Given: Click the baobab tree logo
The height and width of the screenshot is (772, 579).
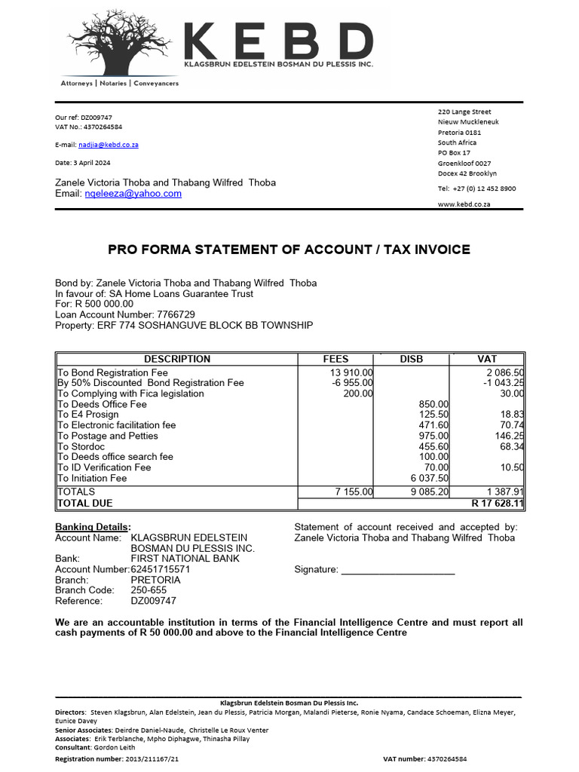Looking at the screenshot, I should [x=121, y=41].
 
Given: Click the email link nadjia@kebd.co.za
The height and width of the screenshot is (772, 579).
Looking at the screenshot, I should [x=108, y=144].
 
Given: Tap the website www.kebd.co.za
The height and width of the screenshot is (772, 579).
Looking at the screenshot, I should [x=464, y=204].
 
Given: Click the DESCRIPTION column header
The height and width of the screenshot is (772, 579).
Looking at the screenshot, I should [x=177, y=359].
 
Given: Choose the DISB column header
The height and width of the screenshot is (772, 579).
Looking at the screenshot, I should [x=412, y=359].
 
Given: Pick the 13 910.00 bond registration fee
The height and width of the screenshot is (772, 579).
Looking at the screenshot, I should [x=351, y=372].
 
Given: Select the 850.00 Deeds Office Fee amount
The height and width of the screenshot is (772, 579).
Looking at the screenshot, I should [x=433, y=404].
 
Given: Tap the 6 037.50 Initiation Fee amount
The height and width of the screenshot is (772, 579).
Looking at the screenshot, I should [x=429, y=478].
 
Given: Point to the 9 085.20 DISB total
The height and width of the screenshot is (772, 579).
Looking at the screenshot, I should [x=429, y=492].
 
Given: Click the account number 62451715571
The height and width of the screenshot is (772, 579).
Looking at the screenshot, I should [x=161, y=569].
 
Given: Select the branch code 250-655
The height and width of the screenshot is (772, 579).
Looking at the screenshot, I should [x=149, y=590].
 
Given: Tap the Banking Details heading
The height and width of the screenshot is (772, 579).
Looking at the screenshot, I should [x=93, y=527].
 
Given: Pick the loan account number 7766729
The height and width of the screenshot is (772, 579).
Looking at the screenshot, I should [x=176, y=314].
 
